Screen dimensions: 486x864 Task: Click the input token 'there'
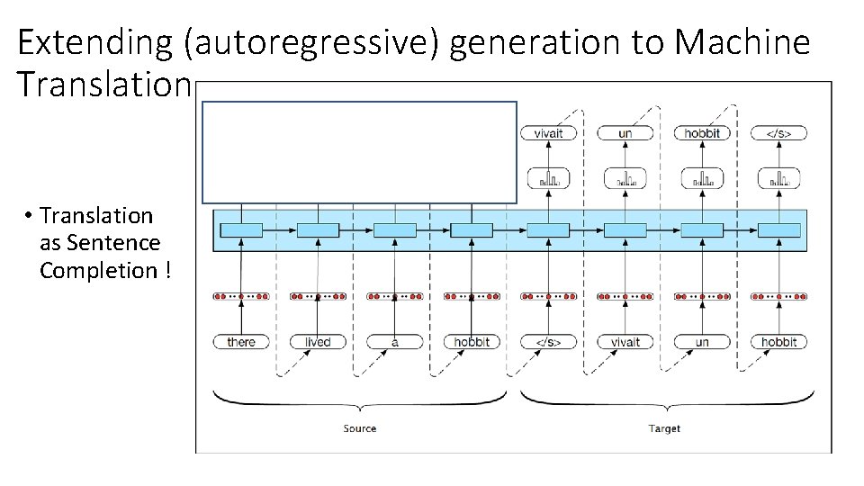coord(241,342)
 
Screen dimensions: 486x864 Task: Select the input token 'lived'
coord(318,342)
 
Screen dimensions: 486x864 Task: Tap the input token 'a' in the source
coord(394,342)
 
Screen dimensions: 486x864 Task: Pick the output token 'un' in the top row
coord(625,133)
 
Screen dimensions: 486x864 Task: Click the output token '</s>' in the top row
coord(779,133)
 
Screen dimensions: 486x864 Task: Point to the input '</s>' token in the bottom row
coord(548,342)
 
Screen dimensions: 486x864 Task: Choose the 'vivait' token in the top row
coord(548,133)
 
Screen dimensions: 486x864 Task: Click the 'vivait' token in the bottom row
coord(625,342)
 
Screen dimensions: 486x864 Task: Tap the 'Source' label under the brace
coord(360,428)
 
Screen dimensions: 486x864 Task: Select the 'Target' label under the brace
coord(664,428)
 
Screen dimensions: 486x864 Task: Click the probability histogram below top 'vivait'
coord(548,180)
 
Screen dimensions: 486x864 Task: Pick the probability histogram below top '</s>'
coord(779,180)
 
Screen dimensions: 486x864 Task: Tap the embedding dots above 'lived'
coord(318,296)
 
